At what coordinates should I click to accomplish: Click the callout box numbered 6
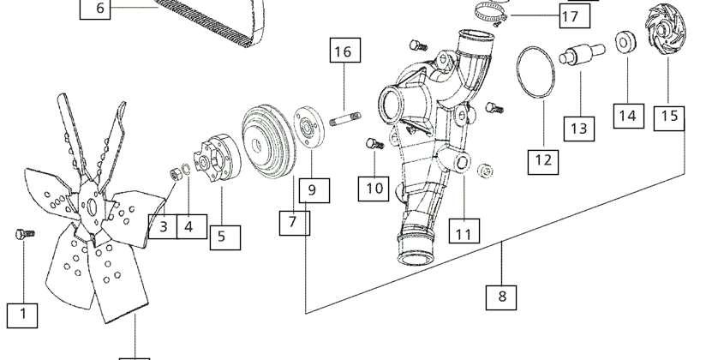[95, 8]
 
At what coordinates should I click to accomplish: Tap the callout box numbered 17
[575, 16]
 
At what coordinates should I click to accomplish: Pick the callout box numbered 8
[501, 297]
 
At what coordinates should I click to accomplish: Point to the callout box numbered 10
[374, 189]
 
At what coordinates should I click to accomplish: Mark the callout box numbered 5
[225, 237]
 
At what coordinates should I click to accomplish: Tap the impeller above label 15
[665, 29]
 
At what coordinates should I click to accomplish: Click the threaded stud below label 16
[345, 119]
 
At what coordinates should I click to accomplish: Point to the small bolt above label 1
[25, 235]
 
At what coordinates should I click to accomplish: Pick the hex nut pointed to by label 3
[176, 174]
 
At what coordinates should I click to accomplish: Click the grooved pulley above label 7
[268, 141]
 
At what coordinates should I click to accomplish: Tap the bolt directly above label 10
[374, 144]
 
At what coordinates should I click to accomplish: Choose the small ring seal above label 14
[625, 42]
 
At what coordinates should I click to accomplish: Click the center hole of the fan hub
[93, 207]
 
